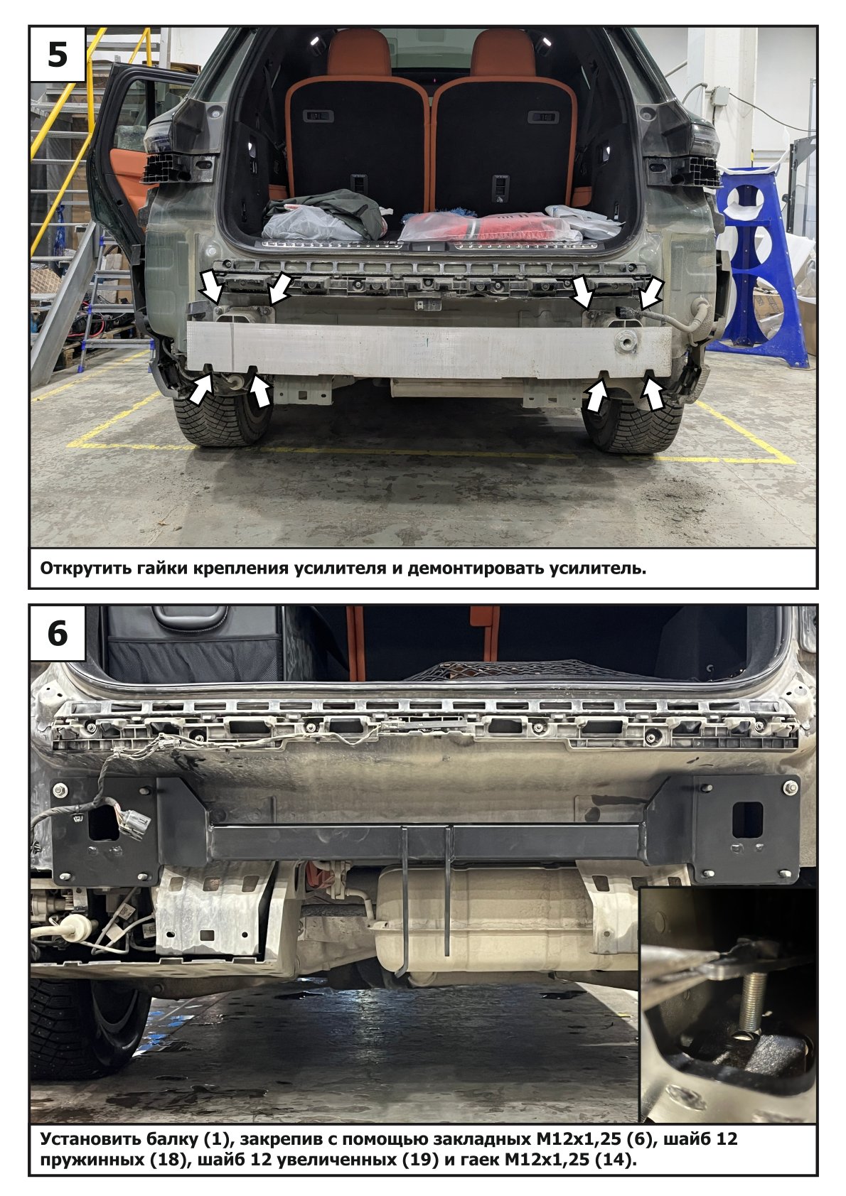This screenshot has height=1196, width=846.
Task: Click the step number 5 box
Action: tap(58, 54)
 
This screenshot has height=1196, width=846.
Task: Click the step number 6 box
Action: tap(58, 634)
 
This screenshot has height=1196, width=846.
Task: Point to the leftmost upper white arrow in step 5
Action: tap(212, 286)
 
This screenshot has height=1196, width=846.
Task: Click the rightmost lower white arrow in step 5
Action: tap(652, 392)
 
